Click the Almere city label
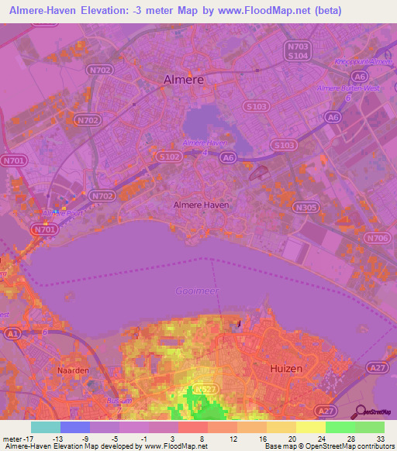[x=184, y=79]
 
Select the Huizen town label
[x=285, y=371]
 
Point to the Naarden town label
[x=74, y=370]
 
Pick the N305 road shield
[x=307, y=207]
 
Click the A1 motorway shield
[x=12, y=332]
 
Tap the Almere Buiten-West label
[x=346, y=88]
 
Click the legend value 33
[x=380, y=439]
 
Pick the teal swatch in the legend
[x=46, y=427]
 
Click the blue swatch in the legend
[x=75, y=427]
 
